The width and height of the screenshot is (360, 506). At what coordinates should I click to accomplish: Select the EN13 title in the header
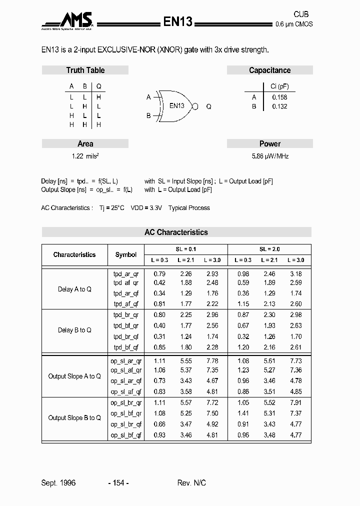tap(177, 21)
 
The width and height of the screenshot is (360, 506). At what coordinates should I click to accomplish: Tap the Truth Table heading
tap(85, 70)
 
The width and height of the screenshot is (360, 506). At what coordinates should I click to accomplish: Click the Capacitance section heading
tap(269, 70)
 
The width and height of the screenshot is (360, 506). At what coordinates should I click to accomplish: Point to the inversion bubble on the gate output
tap(195, 106)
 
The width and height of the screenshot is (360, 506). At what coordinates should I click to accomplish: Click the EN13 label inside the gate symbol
tap(176, 106)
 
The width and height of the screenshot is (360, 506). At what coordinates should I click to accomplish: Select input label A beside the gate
tap(148, 97)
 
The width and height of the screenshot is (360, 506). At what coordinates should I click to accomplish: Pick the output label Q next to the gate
tap(208, 106)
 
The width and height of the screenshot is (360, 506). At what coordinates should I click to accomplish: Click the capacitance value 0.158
tap(279, 97)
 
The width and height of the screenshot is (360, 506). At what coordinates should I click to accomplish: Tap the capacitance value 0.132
tap(279, 106)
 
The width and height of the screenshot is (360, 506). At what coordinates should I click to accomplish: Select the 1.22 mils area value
tap(85, 156)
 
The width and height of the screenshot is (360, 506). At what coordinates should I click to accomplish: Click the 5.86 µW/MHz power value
tap(270, 156)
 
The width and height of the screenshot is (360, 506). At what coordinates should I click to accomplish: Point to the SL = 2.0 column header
tap(269, 249)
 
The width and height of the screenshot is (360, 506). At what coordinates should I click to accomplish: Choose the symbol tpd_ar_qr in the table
tap(126, 274)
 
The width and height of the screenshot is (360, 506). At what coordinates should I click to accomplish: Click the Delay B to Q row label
tap(74, 330)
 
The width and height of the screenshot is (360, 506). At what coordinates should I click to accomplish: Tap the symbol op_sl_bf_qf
tap(126, 435)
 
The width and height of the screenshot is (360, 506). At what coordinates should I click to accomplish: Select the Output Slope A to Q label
tap(74, 376)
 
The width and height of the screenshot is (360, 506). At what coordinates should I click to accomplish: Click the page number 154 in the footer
tap(118, 483)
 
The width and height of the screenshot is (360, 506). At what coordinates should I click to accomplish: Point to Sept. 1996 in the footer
tap(58, 483)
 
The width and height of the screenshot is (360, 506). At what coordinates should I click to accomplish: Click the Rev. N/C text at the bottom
tap(191, 483)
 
